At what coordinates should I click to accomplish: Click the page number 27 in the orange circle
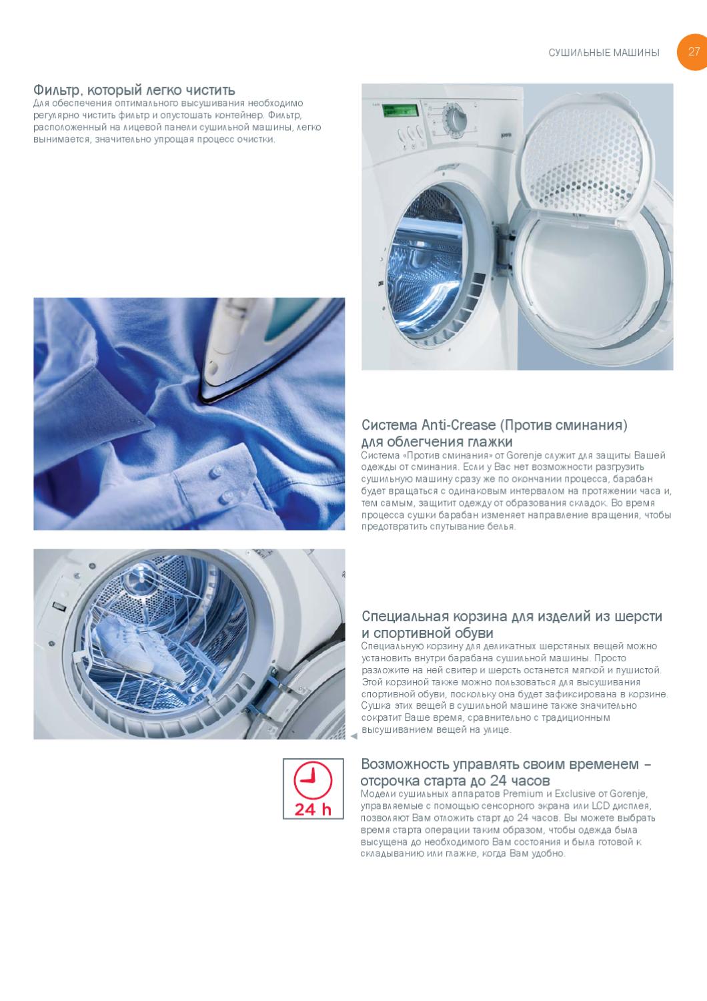[x=694, y=51]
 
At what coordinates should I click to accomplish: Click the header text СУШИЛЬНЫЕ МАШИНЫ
[x=604, y=53]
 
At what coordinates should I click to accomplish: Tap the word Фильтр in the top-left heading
[x=58, y=90]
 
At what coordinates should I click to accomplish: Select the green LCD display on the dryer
[x=400, y=110]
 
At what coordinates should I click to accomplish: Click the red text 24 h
[x=313, y=809]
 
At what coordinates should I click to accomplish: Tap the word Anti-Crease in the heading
[x=458, y=424]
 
